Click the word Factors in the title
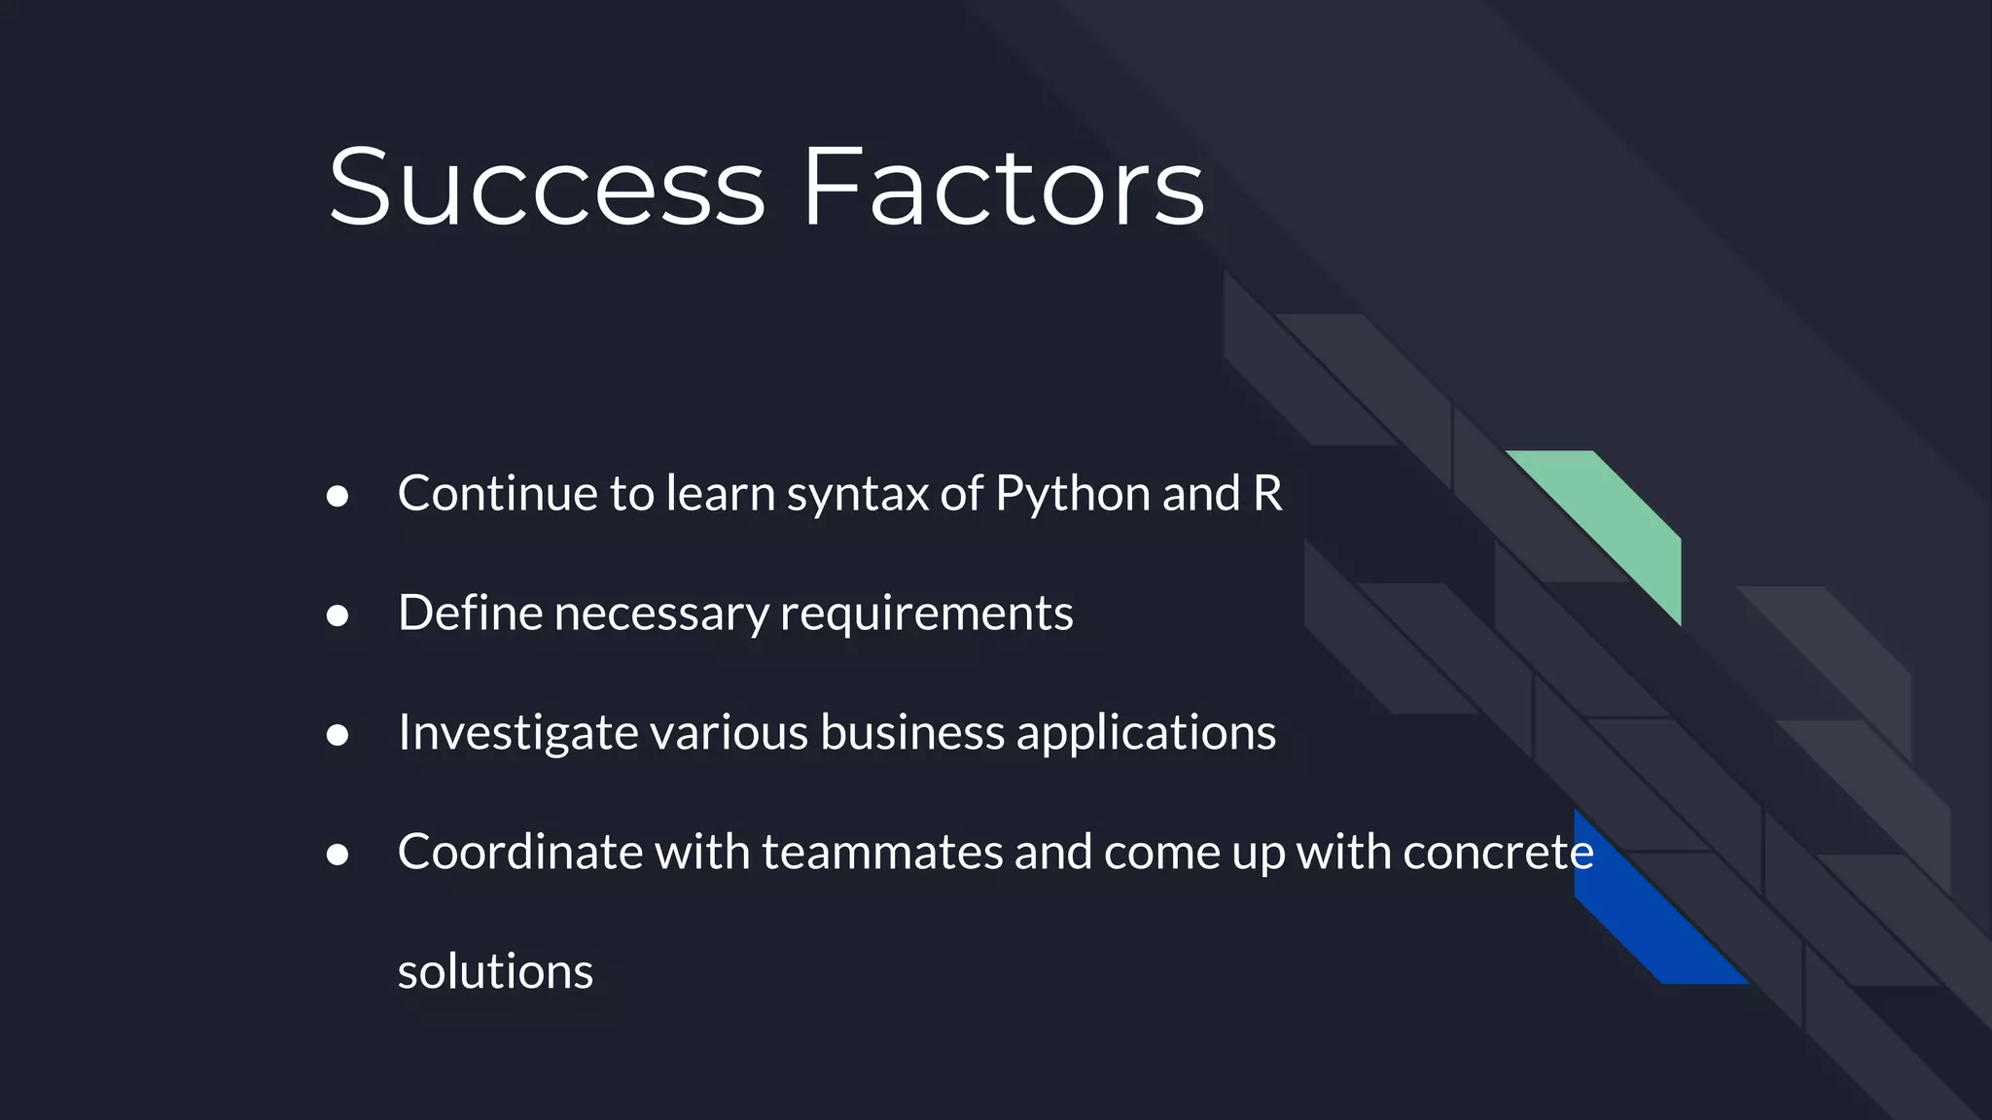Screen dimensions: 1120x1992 [x=1002, y=187]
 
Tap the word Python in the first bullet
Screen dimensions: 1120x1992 [x=1073, y=495]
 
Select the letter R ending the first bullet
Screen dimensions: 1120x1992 [x=1267, y=493]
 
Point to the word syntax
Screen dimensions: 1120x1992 [x=857, y=495]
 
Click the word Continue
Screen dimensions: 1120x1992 [x=498, y=493]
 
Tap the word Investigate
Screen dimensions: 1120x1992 [x=517, y=733]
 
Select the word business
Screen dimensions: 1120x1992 [x=911, y=732]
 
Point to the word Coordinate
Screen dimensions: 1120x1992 [x=519, y=852]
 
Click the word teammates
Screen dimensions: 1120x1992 [x=881, y=852]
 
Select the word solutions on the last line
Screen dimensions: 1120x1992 [x=495, y=971]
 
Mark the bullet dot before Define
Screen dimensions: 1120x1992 [x=338, y=615]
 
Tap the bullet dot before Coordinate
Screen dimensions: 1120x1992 [x=338, y=855]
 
